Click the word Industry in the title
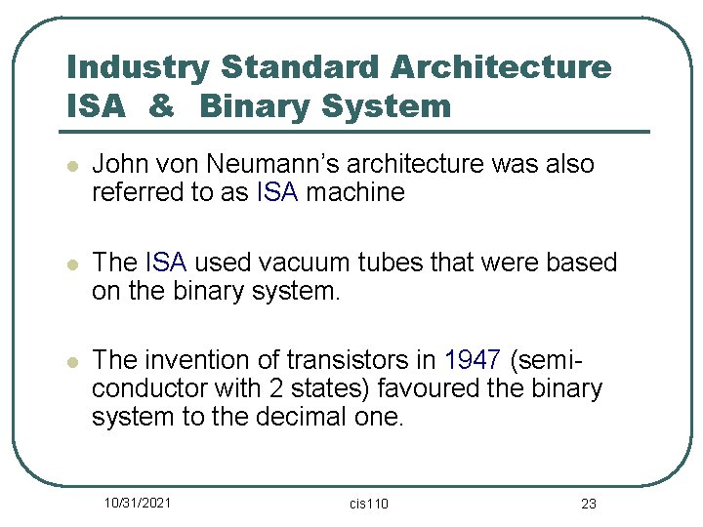(136, 69)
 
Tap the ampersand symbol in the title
(160, 105)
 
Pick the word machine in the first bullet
(355, 192)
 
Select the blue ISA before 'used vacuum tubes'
(166, 263)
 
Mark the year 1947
(474, 360)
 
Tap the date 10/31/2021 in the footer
(139, 502)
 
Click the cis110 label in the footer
(369, 503)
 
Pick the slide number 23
(588, 503)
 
